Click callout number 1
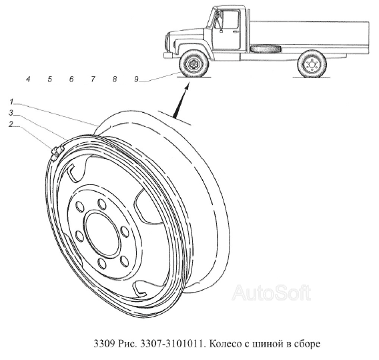point(11,102)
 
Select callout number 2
point(11,124)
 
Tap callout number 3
point(11,113)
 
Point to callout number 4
point(28,79)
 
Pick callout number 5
point(50,79)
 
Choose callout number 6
point(71,79)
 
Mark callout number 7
point(93,79)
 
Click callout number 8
point(115,79)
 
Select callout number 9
point(136,79)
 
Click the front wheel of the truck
point(194,64)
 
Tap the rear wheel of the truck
point(312,64)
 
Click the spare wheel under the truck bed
point(266,49)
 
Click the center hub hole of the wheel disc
point(103,233)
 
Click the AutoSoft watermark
point(271,293)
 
